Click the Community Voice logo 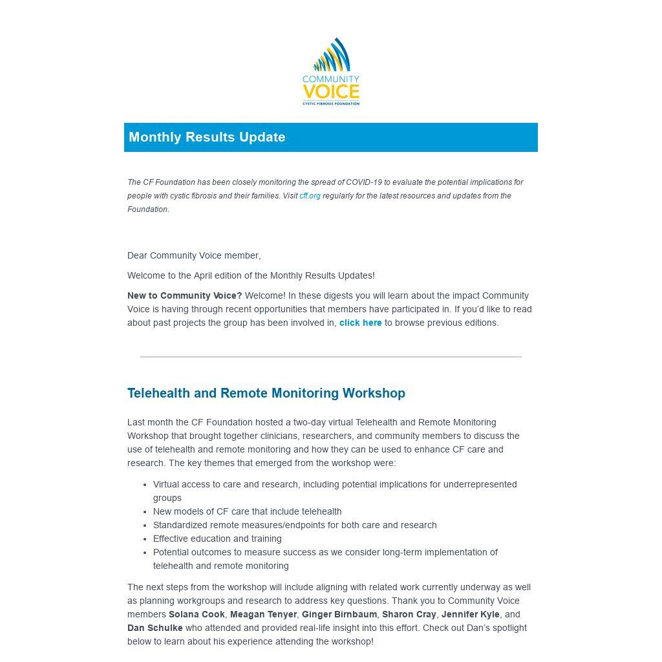coord(330,72)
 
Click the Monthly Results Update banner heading coord(207,137)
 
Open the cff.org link coord(310,196)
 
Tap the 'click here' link coord(360,323)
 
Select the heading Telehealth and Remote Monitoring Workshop coord(266,393)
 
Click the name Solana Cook coord(197,614)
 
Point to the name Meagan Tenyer coord(263,614)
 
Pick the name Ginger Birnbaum coord(339,614)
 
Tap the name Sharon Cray coord(409,614)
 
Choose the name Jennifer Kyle coord(470,614)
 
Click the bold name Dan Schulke coord(155,628)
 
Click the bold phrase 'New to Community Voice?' coord(184,295)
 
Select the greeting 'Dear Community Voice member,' coord(194,255)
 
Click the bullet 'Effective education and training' coord(217,539)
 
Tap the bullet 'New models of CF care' coord(247,511)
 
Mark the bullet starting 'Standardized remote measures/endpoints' coord(295,525)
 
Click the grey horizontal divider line coord(330,356)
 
